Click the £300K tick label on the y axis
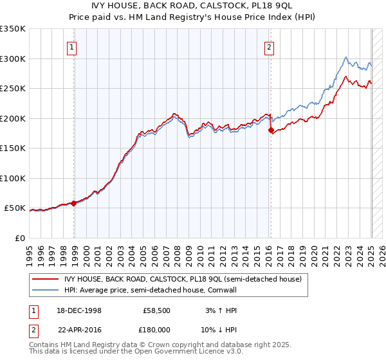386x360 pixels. [13, 59]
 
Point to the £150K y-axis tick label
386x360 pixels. [13, 148]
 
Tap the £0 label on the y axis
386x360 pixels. [20, 238]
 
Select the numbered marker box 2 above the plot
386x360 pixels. [268, 46]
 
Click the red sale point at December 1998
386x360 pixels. [74, 203]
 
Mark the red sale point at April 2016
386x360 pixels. [271, 130]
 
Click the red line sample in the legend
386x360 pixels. [46, 278]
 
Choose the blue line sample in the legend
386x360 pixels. [46, 290]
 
